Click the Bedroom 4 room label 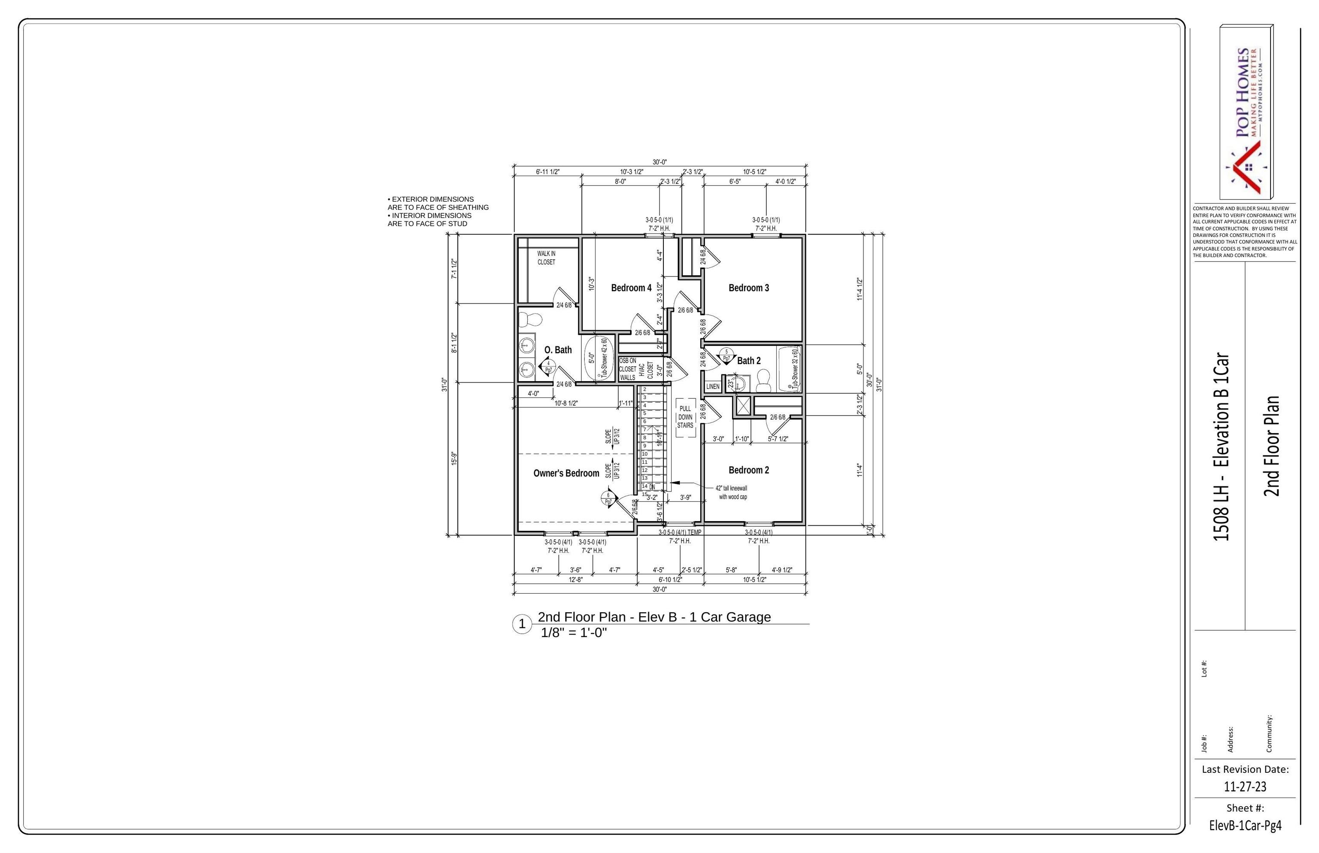tap(631, 288)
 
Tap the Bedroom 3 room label tap(748, 288)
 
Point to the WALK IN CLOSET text tap(546, 258)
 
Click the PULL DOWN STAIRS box tap(685, 417)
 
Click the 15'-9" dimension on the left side tap(454, 458)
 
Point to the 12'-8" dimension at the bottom tap(576, 580)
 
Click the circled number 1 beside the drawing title tap(521, 624)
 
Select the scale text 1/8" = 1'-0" tap(574, 632)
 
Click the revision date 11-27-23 tap(1245, 786)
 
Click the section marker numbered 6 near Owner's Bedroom tap(608, 498)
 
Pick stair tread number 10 tap(645, 454)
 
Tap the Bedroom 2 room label tap(748, 470)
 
